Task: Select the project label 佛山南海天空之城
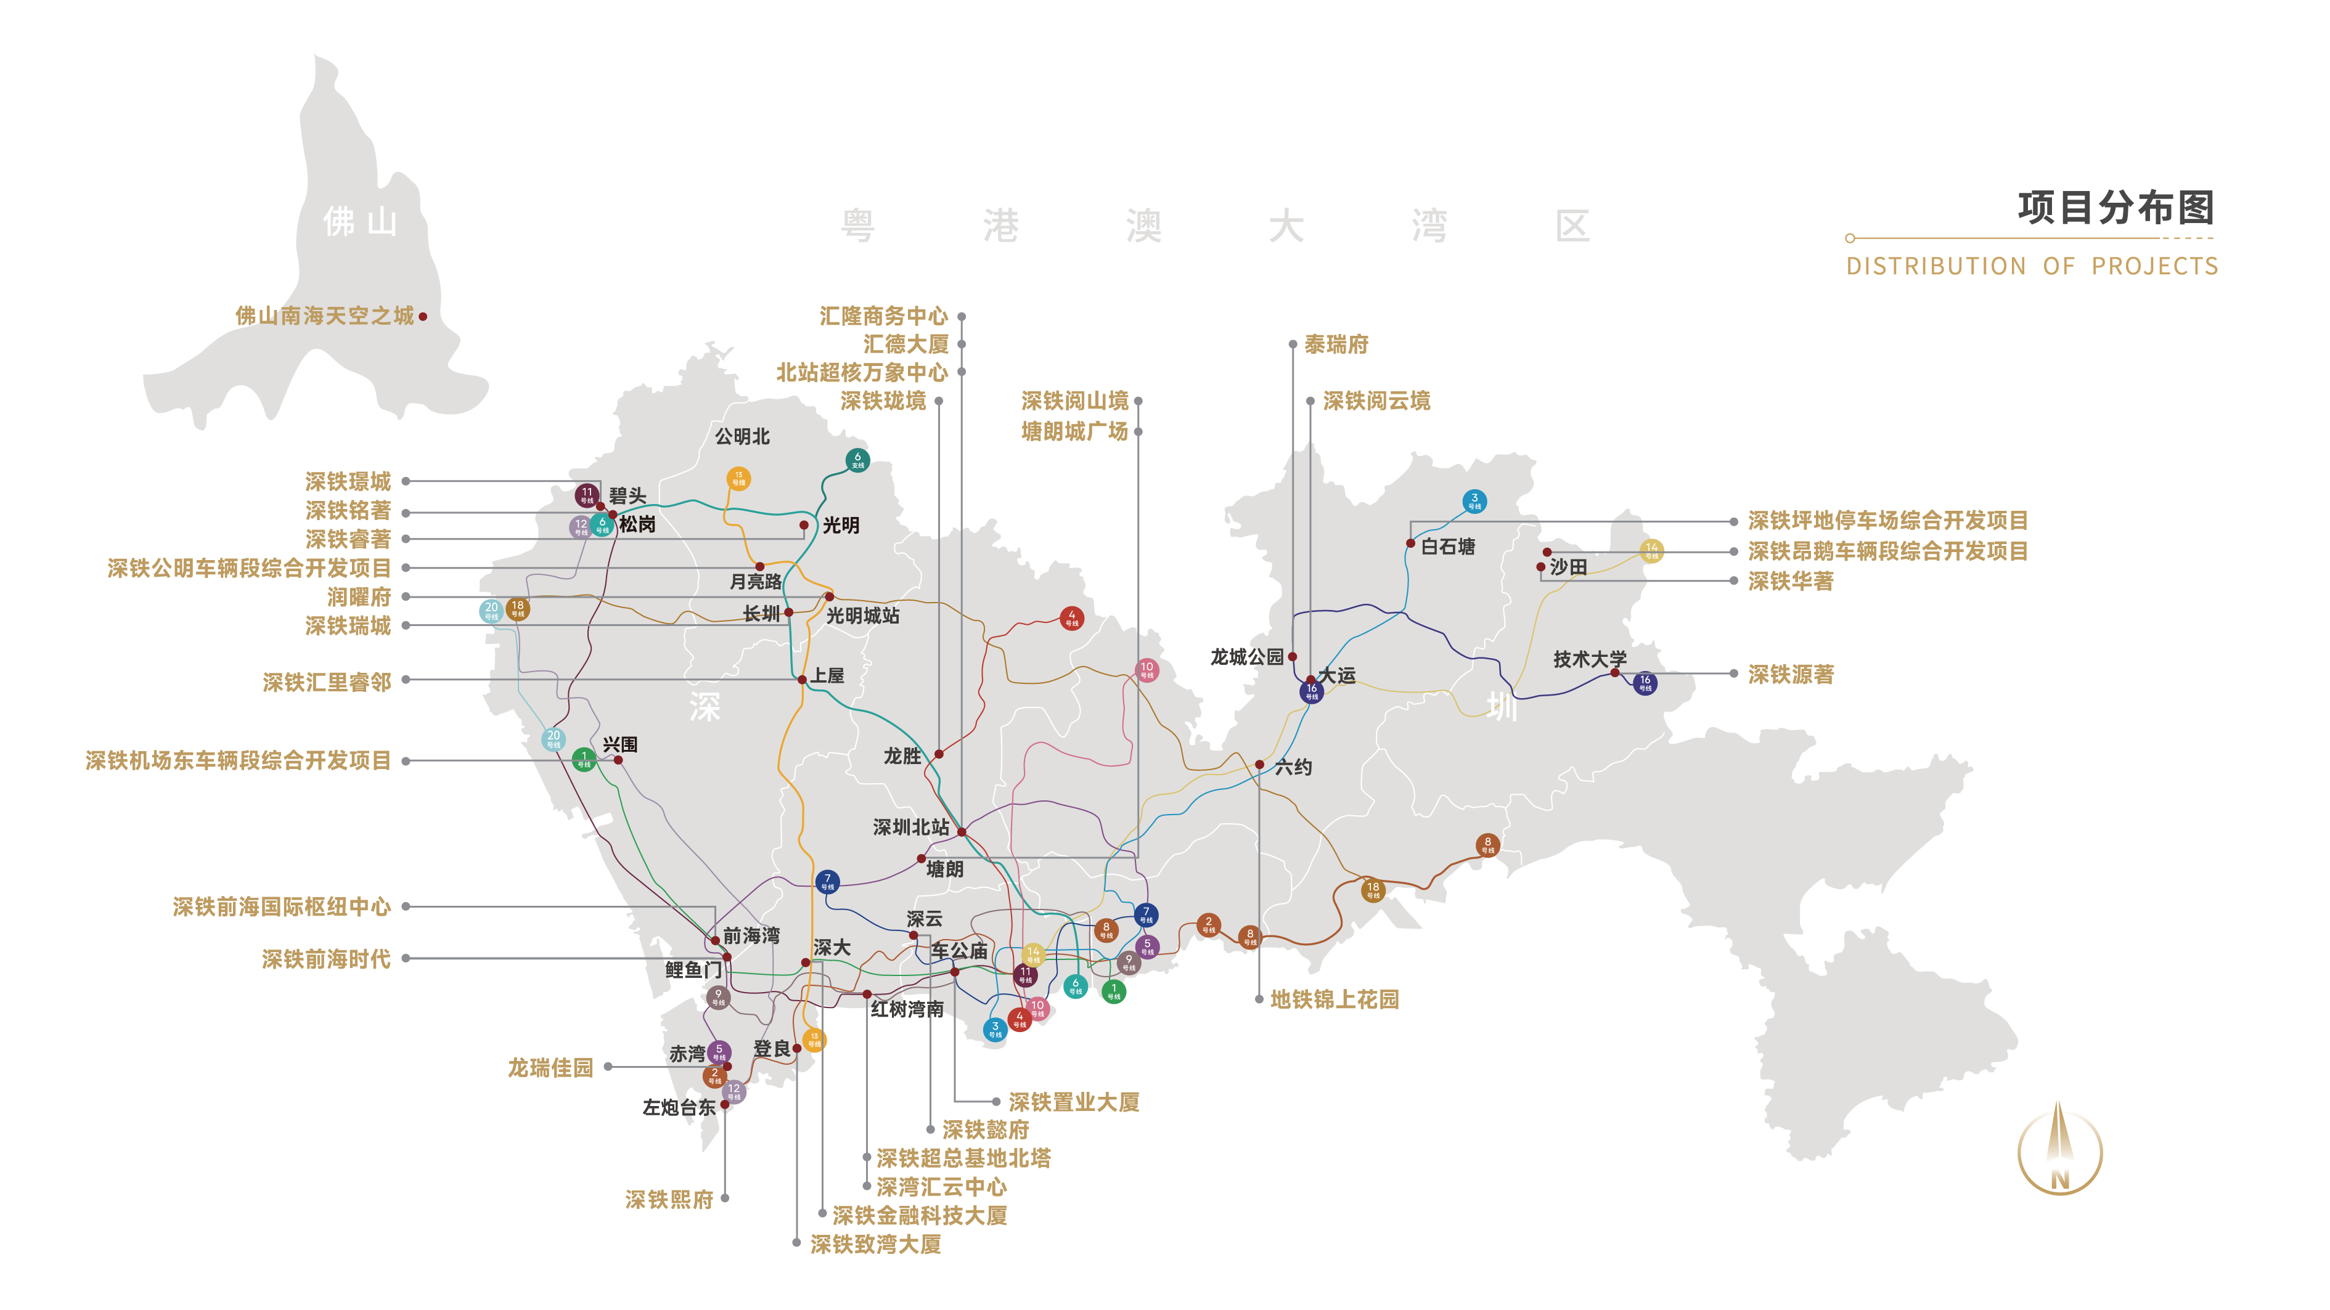[x=325, y=315]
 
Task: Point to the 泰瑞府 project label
[x=1336, y=344]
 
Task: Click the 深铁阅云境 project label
[x=1376, y=401]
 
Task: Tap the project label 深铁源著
[x=1790, y=675]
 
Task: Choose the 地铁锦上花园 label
[x=1334, y=999]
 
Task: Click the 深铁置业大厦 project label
[x=1074, y=1102]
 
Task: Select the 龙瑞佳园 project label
[x=550, y=1068]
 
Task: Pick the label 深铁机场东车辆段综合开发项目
[x=238, y=760]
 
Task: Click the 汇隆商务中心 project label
[x=883, y=315]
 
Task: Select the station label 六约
[x=1293, y=768]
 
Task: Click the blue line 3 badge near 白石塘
[x=1474, y=501]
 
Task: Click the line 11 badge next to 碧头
[x=587, y=495]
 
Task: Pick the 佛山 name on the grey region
[x=360, y=221]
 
